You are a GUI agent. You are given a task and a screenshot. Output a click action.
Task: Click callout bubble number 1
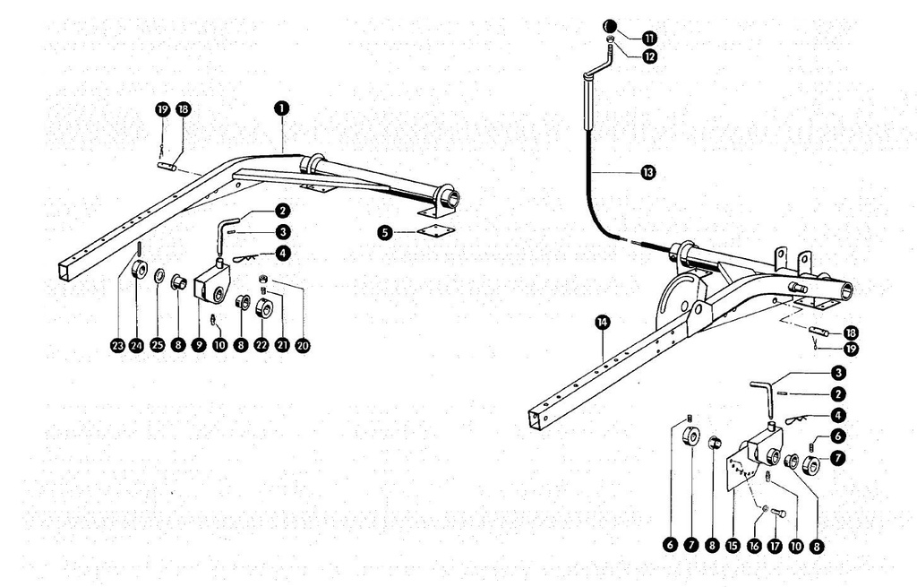(x=281, y=108)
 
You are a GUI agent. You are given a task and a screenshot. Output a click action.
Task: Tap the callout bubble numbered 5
(x=385, y=233)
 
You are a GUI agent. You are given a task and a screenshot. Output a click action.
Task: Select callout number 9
(x=199, y=345)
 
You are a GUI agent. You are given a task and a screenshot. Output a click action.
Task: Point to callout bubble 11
(x=649, y=38)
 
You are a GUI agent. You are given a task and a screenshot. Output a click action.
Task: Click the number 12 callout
(x=649, y=56)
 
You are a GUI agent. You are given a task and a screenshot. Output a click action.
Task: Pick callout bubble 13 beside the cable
(x=648, y=172)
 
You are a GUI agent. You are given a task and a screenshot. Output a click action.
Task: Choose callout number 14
(x=603, y=322)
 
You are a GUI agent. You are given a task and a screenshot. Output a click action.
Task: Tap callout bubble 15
(x=733, y=546)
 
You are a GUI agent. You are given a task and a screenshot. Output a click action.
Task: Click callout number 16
(x=754, y=546)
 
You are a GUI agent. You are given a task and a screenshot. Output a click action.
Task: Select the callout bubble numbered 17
(x=775, y=546)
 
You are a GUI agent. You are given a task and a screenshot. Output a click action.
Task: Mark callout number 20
(x=303, y=345)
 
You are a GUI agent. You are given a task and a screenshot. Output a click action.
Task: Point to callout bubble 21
(x=282, y=345)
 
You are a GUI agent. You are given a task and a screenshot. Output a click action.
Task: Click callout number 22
(x=261, y=345)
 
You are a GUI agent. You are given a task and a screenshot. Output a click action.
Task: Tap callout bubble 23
(x=118, y=346)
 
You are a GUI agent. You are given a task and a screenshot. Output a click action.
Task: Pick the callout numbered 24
(x=136, y=346)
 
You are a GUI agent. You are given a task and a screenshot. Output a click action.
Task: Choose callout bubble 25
(x=158, y=345)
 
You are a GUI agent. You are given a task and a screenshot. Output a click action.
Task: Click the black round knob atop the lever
(x=609, y=26)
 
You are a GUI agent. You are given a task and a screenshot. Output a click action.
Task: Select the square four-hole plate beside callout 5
(x=435, y=231)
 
